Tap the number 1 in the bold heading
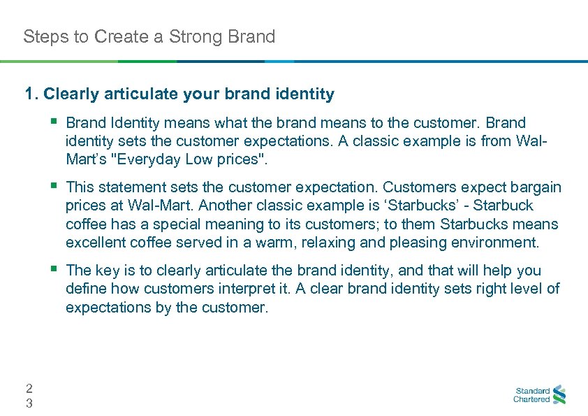(x=29, y=94)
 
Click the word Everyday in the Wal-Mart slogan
(x=147, y=159)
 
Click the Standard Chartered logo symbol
(x=559, y=395)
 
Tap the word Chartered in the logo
(x=531, y=400)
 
